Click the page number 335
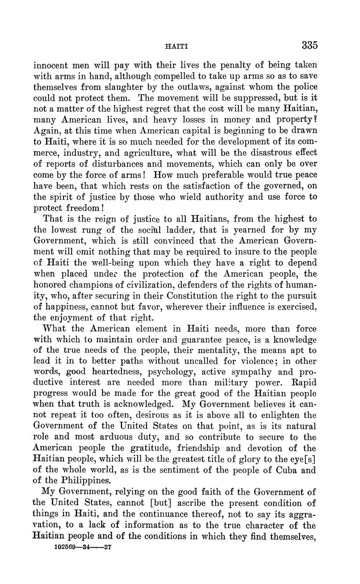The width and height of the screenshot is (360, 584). tap(310, 45)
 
